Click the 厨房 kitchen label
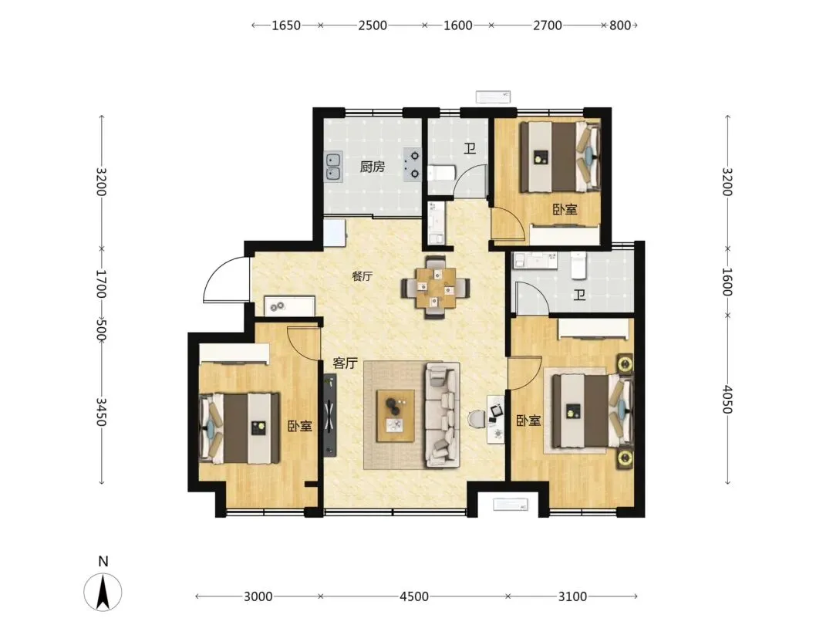click(372, 167)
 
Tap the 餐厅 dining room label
click(362, 276)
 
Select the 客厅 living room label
click(345, 363)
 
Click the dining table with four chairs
click(436, 288)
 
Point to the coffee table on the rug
click(395, 416)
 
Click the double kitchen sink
click(333, 167)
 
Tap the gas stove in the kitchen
click(412, 165)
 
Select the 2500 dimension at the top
click(373, 25)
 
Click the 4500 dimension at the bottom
click(414, 596)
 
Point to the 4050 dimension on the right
click(727, 400)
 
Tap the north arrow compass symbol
click(103, 593)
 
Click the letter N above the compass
click(103, 561)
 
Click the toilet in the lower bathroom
click(578, 265)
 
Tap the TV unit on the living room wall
click(330, 415)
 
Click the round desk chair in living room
click(477, 418)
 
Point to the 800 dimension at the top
click(620, 25)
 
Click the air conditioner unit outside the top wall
click(493, 96)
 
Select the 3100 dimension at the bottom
click(572, 596)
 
